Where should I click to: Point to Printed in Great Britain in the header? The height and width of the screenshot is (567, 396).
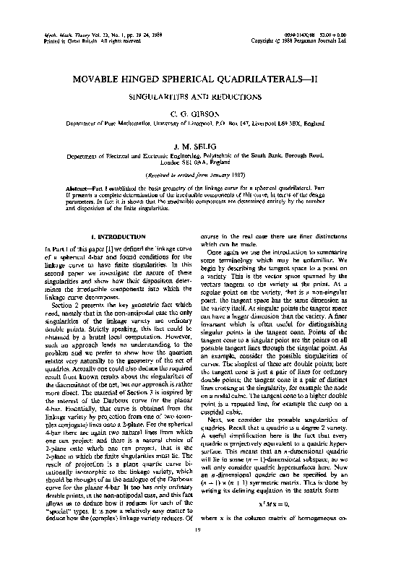tap(58, 40)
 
